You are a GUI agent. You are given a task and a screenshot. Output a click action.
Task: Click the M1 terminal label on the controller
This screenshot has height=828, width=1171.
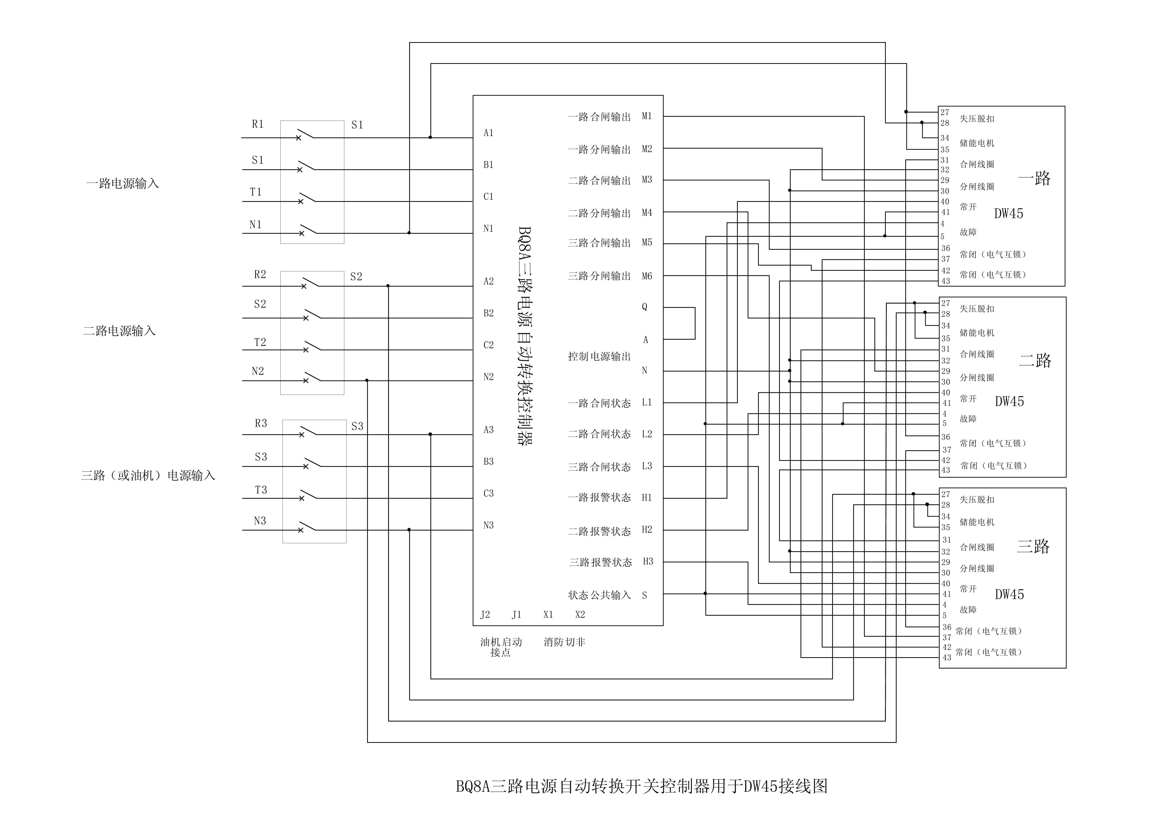[647, 116]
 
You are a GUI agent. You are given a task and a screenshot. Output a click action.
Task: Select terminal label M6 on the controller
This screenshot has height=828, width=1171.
[647, 276]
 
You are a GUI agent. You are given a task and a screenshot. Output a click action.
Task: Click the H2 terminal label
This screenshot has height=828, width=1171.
[647, 530]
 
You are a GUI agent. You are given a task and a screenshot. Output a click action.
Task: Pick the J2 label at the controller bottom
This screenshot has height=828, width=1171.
[485, 615]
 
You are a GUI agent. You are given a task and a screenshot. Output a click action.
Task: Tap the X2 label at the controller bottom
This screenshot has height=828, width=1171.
[580, 615]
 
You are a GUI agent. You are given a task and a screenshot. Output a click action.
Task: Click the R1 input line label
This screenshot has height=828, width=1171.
[258, 124]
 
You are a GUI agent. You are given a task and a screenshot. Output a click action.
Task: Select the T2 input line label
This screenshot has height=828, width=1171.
[260, 342]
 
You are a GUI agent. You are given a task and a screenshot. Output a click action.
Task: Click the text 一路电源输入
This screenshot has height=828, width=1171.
[122, 183]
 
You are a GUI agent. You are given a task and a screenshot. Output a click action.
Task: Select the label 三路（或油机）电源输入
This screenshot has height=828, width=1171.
[148, 475]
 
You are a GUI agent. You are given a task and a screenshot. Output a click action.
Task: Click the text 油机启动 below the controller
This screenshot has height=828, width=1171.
[501, 642]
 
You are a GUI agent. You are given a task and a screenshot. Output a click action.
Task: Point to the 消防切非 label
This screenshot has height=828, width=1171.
[564, 642]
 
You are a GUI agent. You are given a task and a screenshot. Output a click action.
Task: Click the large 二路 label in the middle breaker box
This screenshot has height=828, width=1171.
[1035, 361]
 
